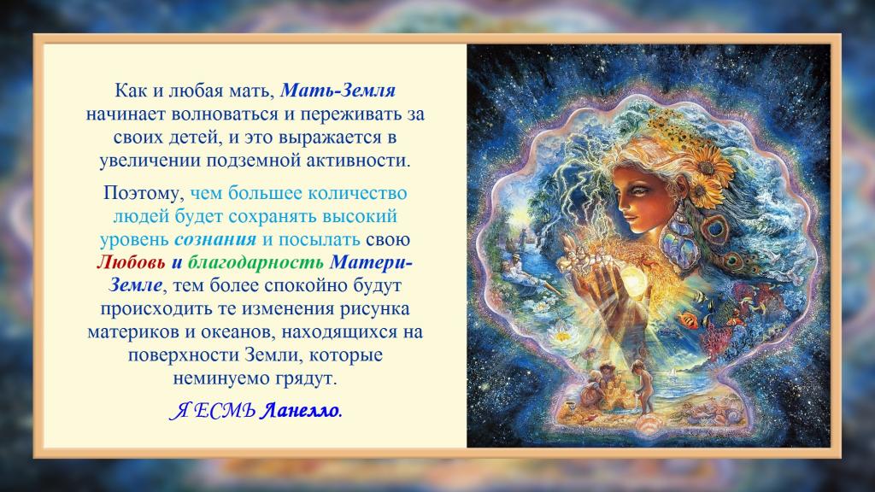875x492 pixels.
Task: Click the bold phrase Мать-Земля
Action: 338,91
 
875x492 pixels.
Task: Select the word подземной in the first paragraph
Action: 255,161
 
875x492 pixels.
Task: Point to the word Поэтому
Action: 144,194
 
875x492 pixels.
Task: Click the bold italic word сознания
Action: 215,240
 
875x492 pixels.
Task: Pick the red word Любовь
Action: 131,262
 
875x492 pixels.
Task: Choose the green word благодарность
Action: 255,263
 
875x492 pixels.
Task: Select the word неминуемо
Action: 221,378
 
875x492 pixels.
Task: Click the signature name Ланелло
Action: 300,411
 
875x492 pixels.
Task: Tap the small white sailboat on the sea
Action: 677,372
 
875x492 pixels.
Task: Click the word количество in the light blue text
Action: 356,193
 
